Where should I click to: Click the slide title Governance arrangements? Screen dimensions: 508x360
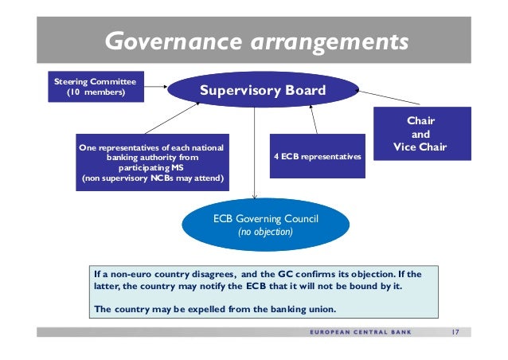[257, 39]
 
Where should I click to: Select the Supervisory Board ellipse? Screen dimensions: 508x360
[262, 90]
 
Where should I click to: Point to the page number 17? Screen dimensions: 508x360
[455, 332]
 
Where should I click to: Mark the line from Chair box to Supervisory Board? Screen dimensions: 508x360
[375, 99]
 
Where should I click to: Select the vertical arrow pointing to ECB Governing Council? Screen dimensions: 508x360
[255, 155]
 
